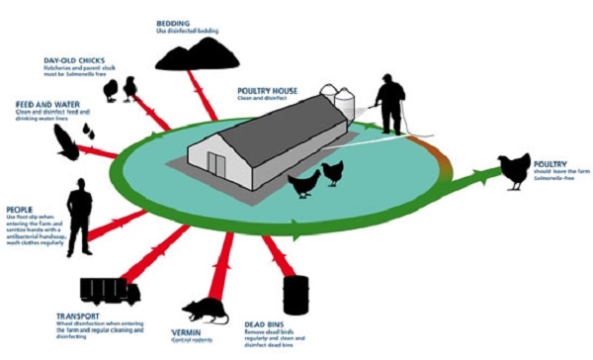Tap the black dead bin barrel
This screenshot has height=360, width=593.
pos(295,295)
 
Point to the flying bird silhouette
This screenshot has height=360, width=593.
pos(65,144)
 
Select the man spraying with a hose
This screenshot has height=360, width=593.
pos(389,107)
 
